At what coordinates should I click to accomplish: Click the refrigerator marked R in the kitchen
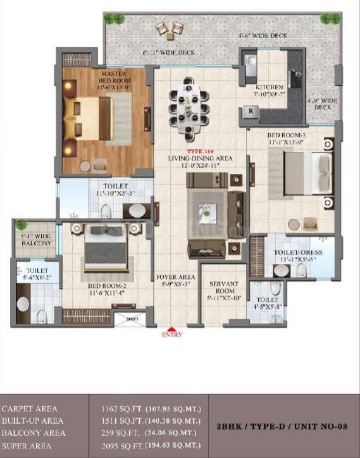251,111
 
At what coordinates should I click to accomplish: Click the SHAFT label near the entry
131,319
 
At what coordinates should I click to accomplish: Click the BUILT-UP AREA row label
32,421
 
